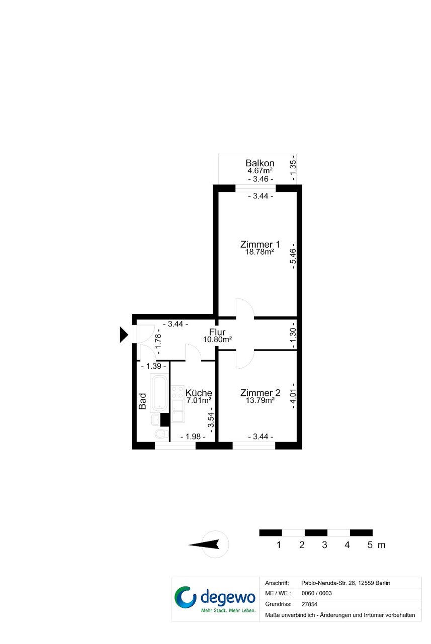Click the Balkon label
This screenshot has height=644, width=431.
pyautogui.click(x=260, y=163)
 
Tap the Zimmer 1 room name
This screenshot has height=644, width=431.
pyautogui.click(x=260, y=244)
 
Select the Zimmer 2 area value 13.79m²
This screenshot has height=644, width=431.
pyautogui.click(x=260, y=400)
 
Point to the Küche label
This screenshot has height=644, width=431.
pyautogui.click(x=199, y=393)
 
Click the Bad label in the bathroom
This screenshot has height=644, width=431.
pyautogui.click(x=142, y=401)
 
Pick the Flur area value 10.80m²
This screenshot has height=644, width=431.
pyautogui.click(x=217, y=340)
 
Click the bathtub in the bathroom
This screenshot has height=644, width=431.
pyautogui.click(x=159, y=393)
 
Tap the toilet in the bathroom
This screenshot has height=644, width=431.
pyautogui.click(x=162, y=434)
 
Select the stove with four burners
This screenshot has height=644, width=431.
pyautogui.click(x=178, y=392)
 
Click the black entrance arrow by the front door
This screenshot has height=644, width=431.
pyautogui.click(x=124, y=335)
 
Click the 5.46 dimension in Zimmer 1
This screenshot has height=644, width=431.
pyautogui.click(x=293, y=256)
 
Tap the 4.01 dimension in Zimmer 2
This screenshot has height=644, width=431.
pyautogui.click(x=293, y=396)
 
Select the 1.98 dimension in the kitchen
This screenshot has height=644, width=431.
pyautogui.click(x=193, y=437)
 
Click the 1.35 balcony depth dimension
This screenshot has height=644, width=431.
pyautogui.click(x=293, y=168)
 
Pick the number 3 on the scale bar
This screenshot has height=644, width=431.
pyautogui.click(x=324, y=545)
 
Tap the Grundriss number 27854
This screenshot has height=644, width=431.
pyautogui.click(x=309, y=604)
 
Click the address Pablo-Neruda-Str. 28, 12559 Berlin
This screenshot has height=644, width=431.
pyautogui.click(x=346, y=583)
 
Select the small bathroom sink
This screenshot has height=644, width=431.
pyautogui.click(x=156, y=420)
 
